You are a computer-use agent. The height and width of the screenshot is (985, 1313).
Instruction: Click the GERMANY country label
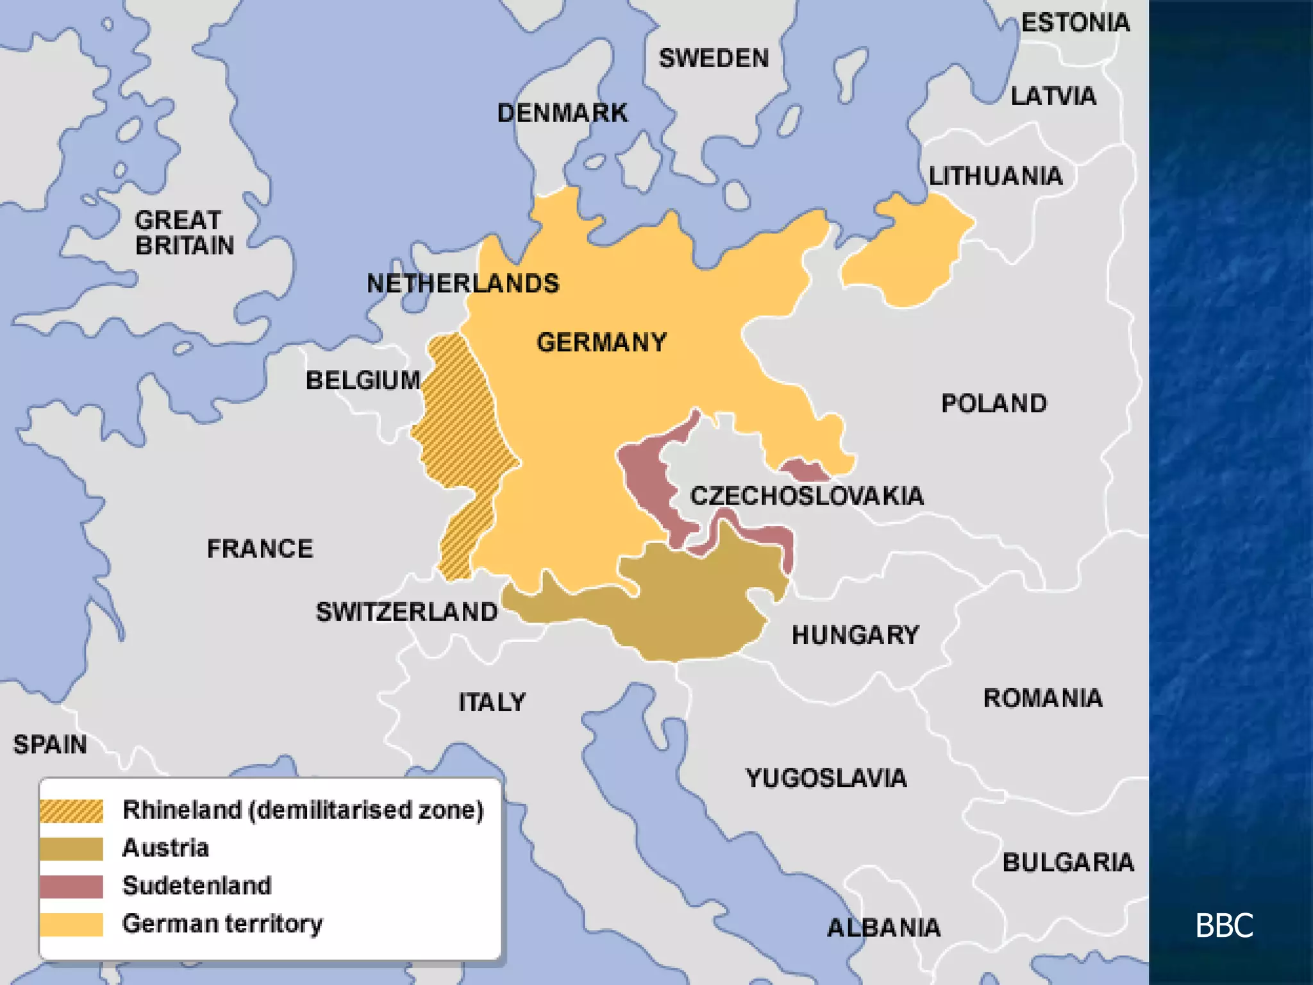[x=601, y=342]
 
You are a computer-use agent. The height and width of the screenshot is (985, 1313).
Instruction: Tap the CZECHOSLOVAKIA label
[x=807, y=496]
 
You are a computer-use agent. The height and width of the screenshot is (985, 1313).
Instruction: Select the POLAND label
[x=994, y=403]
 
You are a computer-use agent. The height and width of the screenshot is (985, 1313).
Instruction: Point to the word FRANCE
[x=260, y=549]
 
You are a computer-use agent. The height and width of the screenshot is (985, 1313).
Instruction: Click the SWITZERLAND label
[x=406, y=612]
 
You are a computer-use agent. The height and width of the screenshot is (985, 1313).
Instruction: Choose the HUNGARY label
[x=855, y=635]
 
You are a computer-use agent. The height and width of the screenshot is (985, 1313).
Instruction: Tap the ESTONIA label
[x=1075, y=23]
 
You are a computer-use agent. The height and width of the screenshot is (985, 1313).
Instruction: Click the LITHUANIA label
[x=995, y=176]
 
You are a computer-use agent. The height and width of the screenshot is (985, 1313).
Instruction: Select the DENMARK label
[x=562, y=114]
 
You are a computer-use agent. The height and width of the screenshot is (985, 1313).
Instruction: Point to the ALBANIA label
[x=883, y=928]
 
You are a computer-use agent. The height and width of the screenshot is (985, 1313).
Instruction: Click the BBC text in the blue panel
[x=1223, y=925]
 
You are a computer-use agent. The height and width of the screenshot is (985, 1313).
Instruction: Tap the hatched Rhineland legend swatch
[x=71, y=811]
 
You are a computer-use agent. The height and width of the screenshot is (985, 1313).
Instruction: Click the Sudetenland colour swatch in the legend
[x=71, y=886]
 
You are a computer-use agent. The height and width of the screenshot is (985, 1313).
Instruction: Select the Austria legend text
[x=165, y=848]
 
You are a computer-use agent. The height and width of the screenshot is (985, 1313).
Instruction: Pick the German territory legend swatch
[x=71, y=924]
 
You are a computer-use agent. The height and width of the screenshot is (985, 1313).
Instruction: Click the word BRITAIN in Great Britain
[x=185, y=246]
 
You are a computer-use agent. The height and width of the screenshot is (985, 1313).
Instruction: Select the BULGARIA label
[x=1067, y=863]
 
